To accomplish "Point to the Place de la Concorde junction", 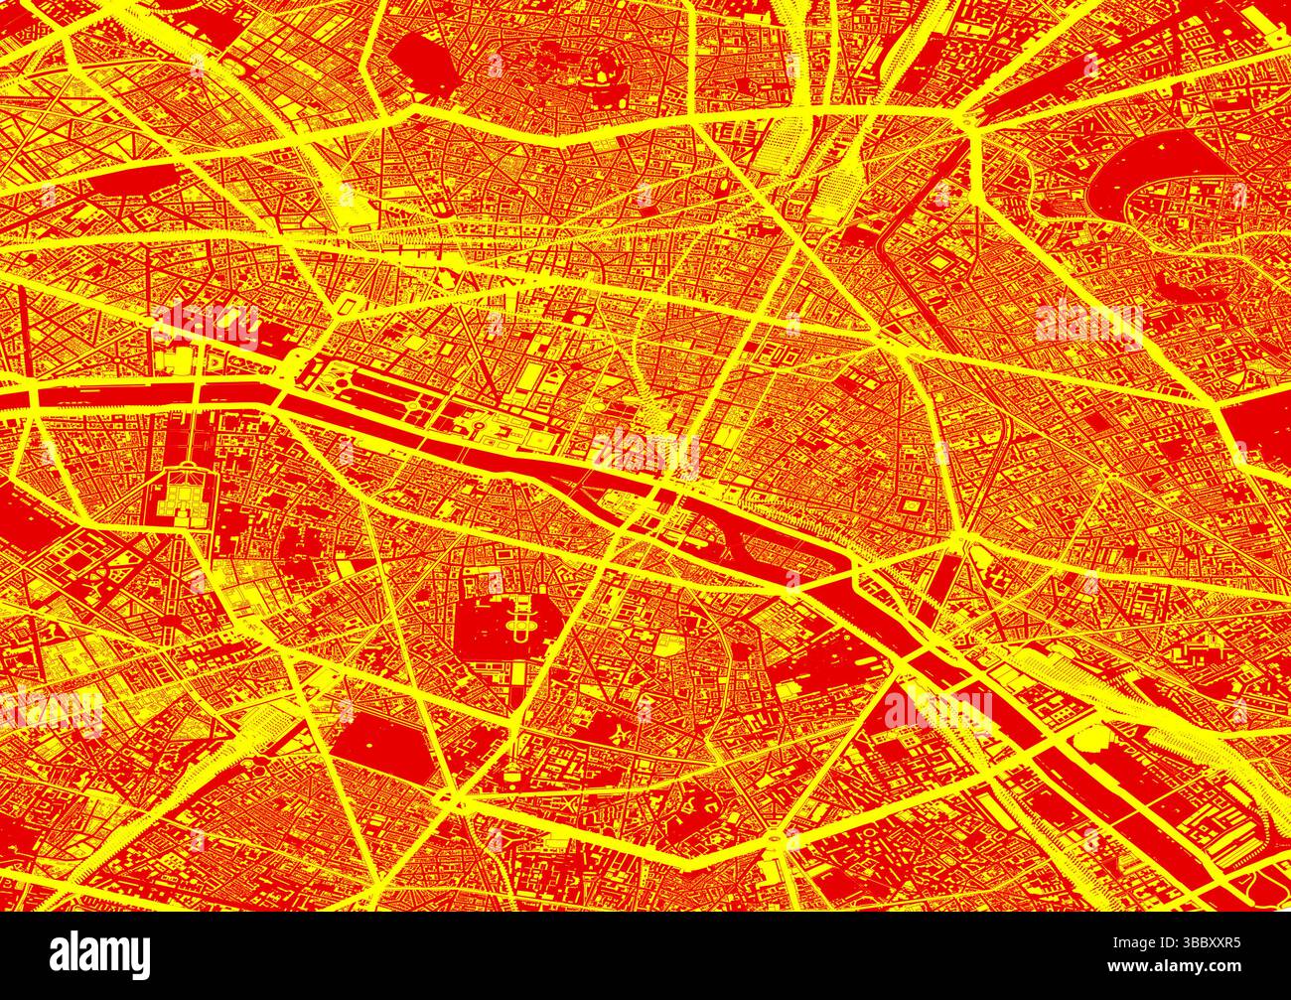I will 279,382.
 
